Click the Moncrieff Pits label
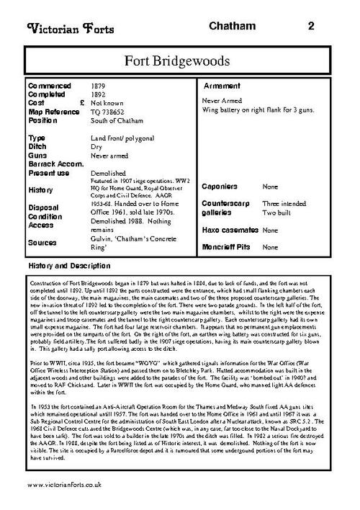click(x=228, y=247)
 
